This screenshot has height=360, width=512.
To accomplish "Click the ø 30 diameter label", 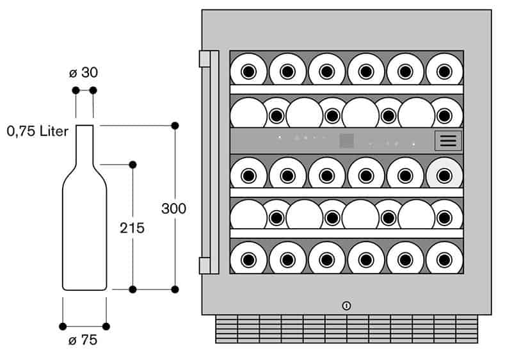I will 83,73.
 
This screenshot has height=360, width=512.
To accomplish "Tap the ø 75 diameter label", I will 83,340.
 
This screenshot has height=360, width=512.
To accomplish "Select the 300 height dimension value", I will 173,208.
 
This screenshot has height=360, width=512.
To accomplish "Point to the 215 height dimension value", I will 132,227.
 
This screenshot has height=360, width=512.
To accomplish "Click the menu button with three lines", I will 447,140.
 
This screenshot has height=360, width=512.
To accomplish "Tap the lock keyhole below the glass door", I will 346,306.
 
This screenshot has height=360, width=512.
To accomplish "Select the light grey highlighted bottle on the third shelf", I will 444,174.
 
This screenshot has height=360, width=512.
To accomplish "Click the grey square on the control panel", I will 346,140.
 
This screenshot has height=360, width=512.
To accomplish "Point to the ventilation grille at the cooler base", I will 346,328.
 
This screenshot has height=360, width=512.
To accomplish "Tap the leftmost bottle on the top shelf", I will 248,70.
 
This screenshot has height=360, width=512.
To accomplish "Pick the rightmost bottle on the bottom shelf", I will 444,259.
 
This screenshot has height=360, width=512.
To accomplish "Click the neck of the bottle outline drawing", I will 84,144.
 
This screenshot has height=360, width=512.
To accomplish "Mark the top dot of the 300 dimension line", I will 175,126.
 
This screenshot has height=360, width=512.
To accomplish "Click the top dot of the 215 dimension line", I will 132,165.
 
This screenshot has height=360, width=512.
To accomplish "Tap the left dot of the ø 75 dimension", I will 63,326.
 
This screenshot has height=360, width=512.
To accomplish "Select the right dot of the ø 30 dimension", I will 93,90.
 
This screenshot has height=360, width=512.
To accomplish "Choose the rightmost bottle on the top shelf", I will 444,70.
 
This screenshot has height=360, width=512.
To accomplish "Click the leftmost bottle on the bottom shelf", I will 248,259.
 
